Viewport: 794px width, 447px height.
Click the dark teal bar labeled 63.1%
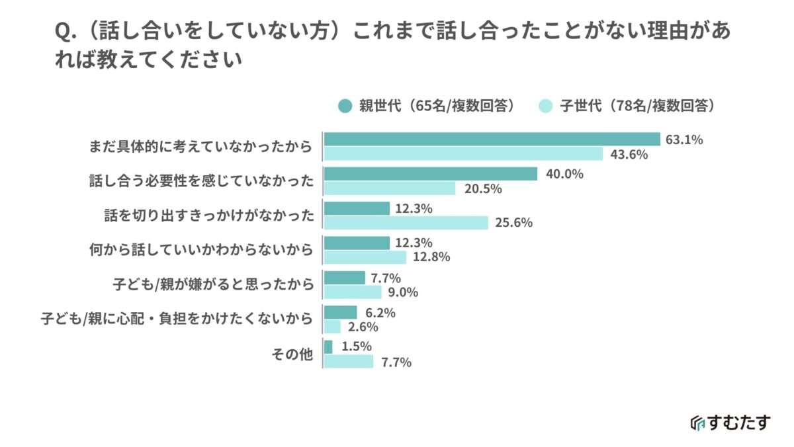492,139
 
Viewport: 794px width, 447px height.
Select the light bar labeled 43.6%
463,154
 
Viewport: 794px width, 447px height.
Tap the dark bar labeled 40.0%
430,174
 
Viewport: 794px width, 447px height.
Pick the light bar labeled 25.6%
406,223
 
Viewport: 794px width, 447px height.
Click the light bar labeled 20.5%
390,188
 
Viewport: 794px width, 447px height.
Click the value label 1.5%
357,346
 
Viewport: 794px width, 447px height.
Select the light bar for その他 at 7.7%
349,362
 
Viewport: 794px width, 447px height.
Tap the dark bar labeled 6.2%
340,312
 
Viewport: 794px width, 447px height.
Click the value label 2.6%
363,327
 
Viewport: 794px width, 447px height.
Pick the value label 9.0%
406,292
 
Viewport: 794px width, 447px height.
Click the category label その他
291,354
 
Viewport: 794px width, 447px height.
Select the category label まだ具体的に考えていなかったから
200,146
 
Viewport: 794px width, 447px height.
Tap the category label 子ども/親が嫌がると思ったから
212,284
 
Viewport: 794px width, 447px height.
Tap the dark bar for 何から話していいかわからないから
357,243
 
